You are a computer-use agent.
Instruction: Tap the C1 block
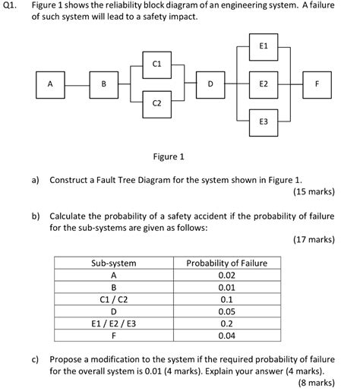point(156,65)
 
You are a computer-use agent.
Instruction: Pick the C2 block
point(156,102)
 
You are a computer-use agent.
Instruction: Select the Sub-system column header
point(113,263)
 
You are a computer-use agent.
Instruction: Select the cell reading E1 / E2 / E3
point(113,323)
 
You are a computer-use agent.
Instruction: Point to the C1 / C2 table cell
point(113,298)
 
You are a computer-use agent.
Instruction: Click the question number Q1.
point(13,6)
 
